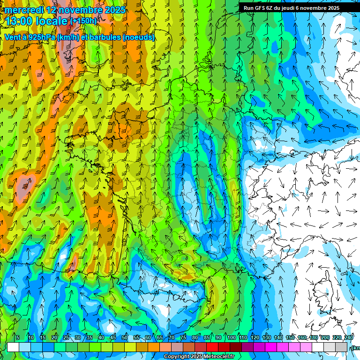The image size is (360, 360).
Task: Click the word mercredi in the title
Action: pos(23,10)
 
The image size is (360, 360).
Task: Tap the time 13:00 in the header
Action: pos(21,21)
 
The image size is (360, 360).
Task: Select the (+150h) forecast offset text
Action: pos(83,21)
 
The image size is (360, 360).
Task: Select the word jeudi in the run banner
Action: pos(293,8)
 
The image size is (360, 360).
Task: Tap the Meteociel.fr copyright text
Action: pos(199,357)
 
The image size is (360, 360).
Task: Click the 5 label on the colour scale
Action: pos(18,338)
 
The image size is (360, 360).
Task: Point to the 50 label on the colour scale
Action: pos(125,338)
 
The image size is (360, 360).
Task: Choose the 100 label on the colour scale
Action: pos(231,338)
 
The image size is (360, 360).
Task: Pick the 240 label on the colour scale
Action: pos(348,338)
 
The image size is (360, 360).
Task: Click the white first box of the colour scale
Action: pos(13,347)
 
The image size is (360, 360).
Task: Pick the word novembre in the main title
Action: pos(78,10)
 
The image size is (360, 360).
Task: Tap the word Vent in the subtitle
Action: pos(13,37)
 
